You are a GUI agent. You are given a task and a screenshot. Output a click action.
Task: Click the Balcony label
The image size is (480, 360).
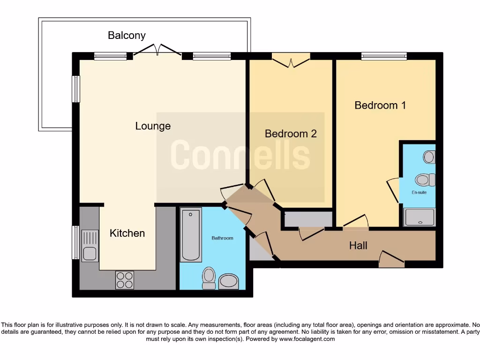(127, 35)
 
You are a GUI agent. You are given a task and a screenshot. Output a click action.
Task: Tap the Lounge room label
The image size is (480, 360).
(153, 126)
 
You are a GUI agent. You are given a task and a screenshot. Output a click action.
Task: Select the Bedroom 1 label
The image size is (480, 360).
(380, 105)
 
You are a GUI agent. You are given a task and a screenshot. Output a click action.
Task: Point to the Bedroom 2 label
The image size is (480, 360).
(291, 134)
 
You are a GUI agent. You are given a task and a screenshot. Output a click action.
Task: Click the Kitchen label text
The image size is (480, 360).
(127, 233)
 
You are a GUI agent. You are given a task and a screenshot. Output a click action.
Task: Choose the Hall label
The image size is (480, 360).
(358, 245)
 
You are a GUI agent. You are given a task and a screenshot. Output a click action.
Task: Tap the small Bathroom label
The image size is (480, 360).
(222, 238)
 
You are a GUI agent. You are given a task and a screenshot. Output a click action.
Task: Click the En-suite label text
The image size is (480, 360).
(419, 192)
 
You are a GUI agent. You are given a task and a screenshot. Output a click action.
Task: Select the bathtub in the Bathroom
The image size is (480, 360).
(191, 236)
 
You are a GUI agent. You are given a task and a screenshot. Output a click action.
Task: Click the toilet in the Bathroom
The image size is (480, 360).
(209, 277)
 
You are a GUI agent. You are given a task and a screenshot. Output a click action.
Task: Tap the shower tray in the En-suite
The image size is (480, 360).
(420, 217)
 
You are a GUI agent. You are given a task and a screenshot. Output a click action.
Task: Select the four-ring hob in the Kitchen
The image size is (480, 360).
(124, 280)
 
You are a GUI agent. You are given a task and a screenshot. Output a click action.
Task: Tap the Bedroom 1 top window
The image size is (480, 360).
(383, 56)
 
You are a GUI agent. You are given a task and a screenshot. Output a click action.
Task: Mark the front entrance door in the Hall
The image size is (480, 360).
(391, 259)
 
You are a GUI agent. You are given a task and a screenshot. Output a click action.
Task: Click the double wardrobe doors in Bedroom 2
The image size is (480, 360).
(291, 61)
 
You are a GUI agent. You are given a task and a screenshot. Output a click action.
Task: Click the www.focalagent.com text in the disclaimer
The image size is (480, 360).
(307, 339)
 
